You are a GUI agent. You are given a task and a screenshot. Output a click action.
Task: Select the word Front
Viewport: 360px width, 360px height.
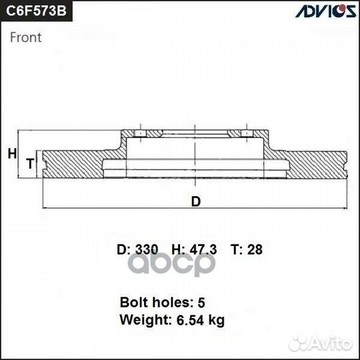click(26, 37)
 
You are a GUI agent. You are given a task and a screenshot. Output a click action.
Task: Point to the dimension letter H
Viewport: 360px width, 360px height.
click(11, 154)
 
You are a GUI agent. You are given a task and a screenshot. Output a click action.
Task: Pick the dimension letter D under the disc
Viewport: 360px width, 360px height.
click(195, 201)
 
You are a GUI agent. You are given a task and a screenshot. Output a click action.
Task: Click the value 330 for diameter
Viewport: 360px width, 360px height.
click(146, 250)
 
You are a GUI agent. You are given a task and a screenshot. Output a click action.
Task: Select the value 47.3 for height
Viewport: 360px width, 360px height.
click(203, 250)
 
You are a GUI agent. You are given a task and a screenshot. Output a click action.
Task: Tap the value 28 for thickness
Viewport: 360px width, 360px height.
click(255, 250)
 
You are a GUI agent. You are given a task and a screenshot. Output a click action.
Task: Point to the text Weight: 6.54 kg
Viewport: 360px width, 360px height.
click(172, 320)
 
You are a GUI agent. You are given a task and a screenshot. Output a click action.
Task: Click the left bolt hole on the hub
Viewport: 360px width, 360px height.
click(141, 135)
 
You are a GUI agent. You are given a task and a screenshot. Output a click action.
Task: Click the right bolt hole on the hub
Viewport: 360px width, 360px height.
click(248, 135)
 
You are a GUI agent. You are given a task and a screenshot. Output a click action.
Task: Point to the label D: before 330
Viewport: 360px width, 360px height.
click(123, 250)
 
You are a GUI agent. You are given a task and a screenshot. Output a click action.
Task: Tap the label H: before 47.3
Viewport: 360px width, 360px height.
click(178, 250)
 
